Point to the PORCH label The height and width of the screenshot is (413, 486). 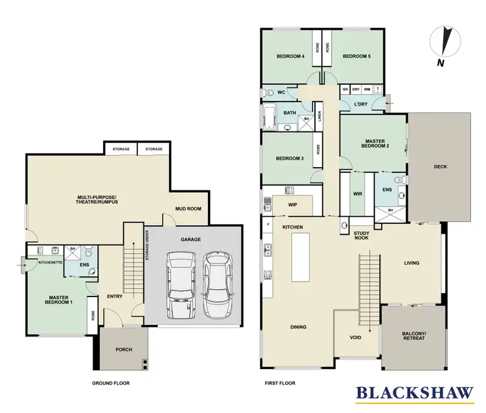click(124, 350)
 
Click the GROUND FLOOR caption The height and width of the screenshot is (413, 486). click(112, 383)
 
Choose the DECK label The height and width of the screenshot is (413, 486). click(440, 166)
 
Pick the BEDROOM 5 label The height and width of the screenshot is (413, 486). click(356, 56)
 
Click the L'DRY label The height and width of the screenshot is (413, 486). click(361, 104)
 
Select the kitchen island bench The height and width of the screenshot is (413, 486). click(300, 257)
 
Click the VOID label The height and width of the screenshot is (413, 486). click(355, 337)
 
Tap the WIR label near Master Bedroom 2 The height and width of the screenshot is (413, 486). click(356, 193)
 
